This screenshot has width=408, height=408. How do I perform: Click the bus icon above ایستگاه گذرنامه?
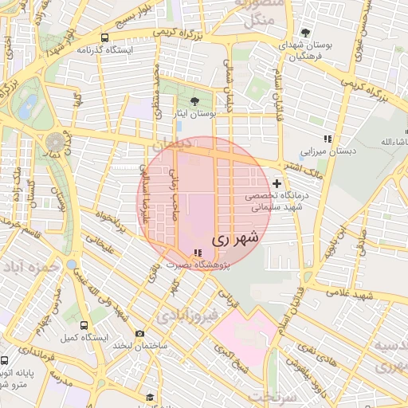coord(104,37)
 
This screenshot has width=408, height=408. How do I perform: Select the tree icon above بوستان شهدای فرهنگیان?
coord(306,33)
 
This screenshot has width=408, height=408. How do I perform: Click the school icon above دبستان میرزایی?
coord(327,139)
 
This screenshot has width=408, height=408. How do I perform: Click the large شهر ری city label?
coord(237,237)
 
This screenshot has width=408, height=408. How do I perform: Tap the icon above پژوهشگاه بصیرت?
coord(198,253)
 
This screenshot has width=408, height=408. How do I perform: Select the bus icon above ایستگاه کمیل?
coord(84,325)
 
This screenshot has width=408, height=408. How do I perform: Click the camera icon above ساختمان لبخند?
coord(140,333)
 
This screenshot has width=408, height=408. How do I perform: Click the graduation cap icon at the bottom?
coord(149,397)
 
